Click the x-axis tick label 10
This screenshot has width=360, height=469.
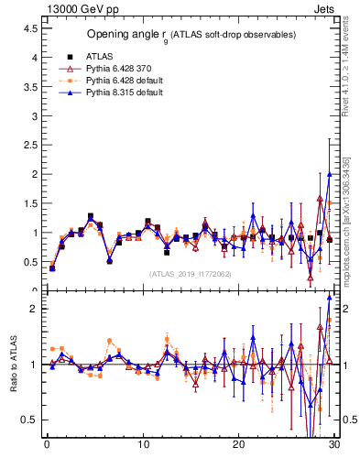143,445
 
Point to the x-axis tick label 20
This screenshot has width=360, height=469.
239,445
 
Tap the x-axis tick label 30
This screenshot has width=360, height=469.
334,445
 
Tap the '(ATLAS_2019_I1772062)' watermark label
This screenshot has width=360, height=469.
191,273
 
